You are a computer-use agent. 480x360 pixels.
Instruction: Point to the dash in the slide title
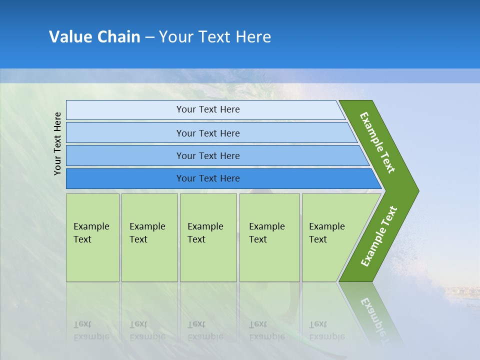coord(149,37)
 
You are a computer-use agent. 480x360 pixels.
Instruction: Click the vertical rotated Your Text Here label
coord(57,143)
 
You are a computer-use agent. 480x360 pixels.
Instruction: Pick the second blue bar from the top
coord(208,133)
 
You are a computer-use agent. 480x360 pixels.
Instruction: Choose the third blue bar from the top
coord(208,155)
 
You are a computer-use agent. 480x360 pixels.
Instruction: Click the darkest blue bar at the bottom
coord(208,178)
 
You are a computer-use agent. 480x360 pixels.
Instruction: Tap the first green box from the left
coord(92,237)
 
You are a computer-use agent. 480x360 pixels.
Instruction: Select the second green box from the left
coord(149,237)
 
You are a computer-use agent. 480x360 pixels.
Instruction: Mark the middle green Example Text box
coord(208,237)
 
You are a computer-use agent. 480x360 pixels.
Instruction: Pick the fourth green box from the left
coord(269,237)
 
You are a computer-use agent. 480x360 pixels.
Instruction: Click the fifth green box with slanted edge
coord(330,237)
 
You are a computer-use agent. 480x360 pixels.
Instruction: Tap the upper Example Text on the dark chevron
coord(377,142)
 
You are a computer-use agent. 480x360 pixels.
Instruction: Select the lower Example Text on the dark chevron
coord(379,236)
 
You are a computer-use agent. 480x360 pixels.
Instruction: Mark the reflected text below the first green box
coord(91,330)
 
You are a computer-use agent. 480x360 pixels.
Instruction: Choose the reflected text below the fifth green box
coord(326,330)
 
